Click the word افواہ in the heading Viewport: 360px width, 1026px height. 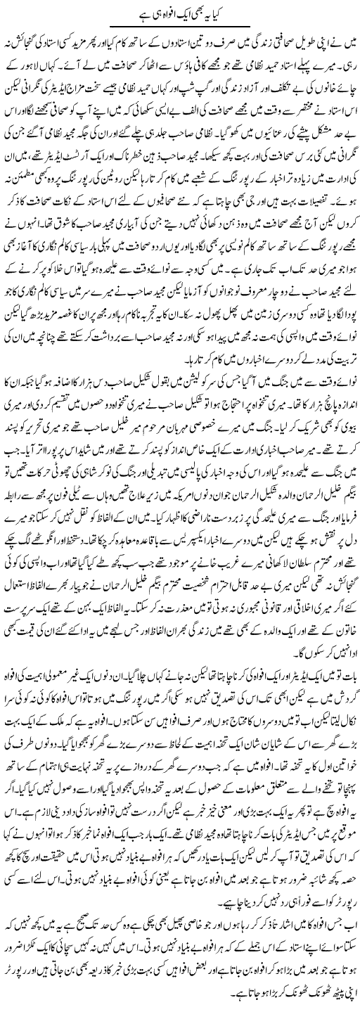coord(162,14)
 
